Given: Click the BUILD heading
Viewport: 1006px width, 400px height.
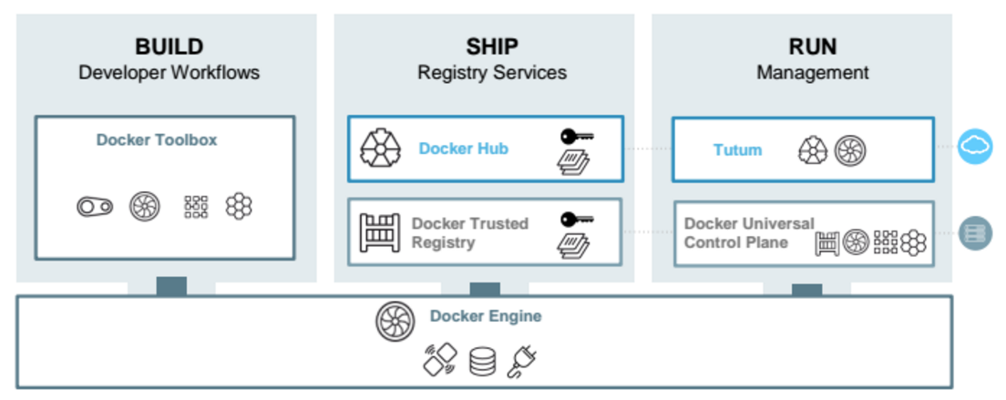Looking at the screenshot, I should tap(169, 46).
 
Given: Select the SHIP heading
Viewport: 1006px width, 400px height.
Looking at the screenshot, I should tap(491, 46).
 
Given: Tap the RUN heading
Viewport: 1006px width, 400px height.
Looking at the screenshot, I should tap(812, 46).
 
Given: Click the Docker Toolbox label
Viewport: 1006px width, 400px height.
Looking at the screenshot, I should tap(157, 140).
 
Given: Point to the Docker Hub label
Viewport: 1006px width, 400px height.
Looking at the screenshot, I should tap(463, 148).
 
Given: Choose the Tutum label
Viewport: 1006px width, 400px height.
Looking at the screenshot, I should tap(737, 149).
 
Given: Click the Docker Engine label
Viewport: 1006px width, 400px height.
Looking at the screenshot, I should tap(486, 316).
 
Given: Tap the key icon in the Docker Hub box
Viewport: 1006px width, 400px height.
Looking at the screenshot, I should tap(576, 137).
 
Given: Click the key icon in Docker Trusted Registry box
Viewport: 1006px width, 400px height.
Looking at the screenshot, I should tap(576, 219).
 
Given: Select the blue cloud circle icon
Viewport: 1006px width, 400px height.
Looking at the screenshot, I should tap(975, 146).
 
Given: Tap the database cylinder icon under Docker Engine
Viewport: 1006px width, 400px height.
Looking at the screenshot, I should tap(482, 362).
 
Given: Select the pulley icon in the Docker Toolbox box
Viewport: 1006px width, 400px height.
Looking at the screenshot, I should tap(95, 207).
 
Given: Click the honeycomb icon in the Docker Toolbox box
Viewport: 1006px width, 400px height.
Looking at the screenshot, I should tap(239, 207).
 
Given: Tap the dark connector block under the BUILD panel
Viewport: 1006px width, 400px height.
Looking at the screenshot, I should tap(171, 286).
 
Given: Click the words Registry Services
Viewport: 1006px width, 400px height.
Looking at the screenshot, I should tap(491, 73).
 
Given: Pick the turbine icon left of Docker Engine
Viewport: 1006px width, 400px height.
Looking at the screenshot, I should tap(395, 321).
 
